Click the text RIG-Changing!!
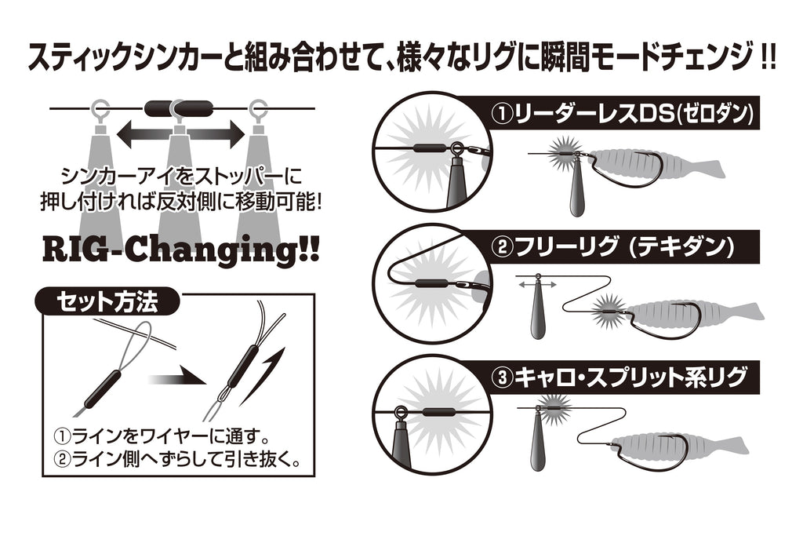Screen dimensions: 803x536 (x=180, y=249)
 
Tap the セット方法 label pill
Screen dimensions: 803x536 (x=107, y=301)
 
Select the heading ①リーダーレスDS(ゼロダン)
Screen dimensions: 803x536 (x=622, y=113)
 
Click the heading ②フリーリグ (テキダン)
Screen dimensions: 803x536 (x=613, y=247)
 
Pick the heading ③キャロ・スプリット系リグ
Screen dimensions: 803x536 (x=619, y=377)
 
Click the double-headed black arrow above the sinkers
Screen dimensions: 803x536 (x=181, y=133)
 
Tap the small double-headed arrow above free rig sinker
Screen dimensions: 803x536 (x=536, y=284)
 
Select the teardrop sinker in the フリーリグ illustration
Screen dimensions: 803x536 (x=537, y=309)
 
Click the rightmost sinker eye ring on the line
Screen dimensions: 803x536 (x=258, y=108)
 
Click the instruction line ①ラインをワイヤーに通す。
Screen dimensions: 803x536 (x=162, y=436)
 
